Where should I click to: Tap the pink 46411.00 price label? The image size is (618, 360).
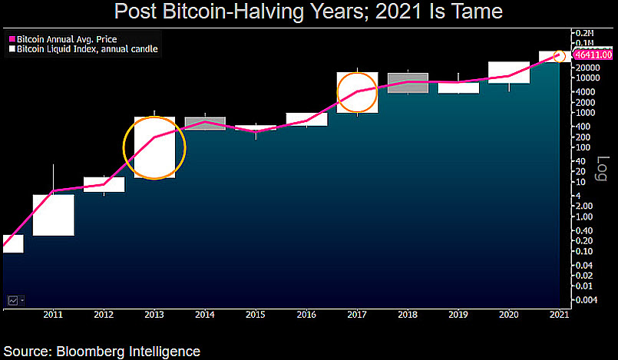pos(593,55)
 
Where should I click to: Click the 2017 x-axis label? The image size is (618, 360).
pos(357,314)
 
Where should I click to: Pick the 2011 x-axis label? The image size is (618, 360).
pos(53,314)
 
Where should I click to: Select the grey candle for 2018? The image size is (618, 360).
pos(408,83)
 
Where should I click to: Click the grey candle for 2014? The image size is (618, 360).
pos(206,124)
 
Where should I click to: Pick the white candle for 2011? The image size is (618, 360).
pos(53,214)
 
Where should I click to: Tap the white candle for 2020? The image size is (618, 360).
pos(508,72)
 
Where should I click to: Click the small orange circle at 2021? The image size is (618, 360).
pos(560,56)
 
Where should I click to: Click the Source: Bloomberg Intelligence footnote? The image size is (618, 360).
pos(101,352)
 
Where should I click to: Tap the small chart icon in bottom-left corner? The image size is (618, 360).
pos(13,299)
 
